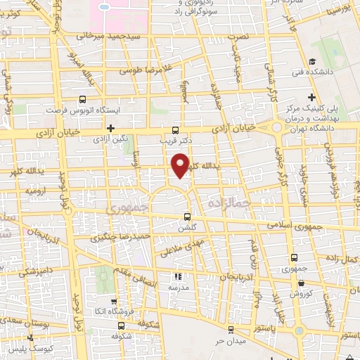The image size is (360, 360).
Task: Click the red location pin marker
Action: click(x=181, y=165)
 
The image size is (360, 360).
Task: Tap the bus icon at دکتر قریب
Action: click(x=175, y=130)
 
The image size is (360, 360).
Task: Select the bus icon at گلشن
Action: click(x=186, y=217)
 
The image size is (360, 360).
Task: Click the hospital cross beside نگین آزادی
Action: click(x=110, y=127)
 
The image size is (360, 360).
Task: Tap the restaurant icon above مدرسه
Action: click(x=177, y=277)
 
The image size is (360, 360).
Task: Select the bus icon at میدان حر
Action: click(x=229, y=329)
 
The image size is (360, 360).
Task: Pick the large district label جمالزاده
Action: click(x=226, y=202)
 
